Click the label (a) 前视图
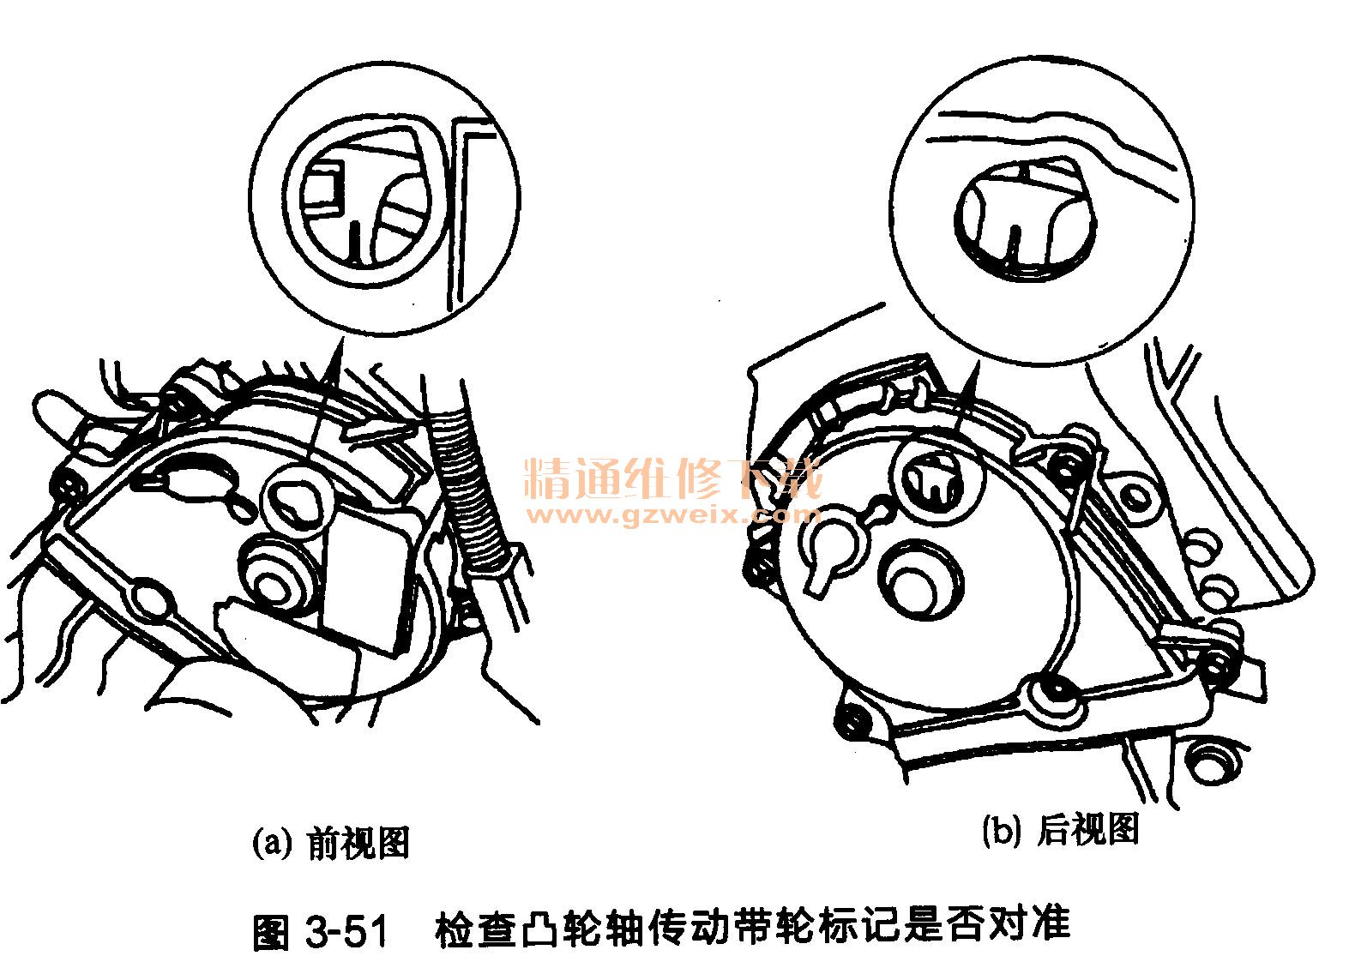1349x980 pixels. tap(331, 844)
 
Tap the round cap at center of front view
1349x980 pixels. tap(274, 574)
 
